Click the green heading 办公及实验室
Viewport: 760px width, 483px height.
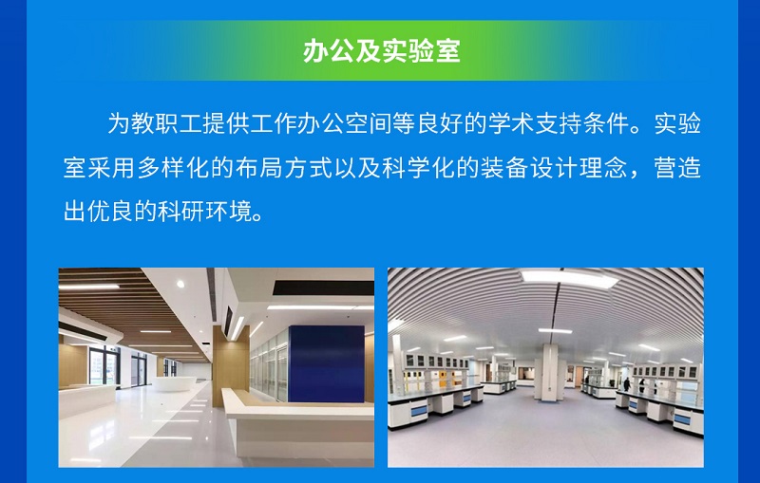[x=382, y=51]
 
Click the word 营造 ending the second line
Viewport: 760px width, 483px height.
[x=677, y=168]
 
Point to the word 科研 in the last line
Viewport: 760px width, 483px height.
[x=181, y=211]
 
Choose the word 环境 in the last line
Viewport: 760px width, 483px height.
[x=229, y=211]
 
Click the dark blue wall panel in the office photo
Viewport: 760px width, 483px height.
[x=326, y=364]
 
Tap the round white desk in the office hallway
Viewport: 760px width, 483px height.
[x=175, y=383]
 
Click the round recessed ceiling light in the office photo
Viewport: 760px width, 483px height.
[x=180, y=284]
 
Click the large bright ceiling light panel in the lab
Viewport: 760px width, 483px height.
[x=568, y=277]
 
